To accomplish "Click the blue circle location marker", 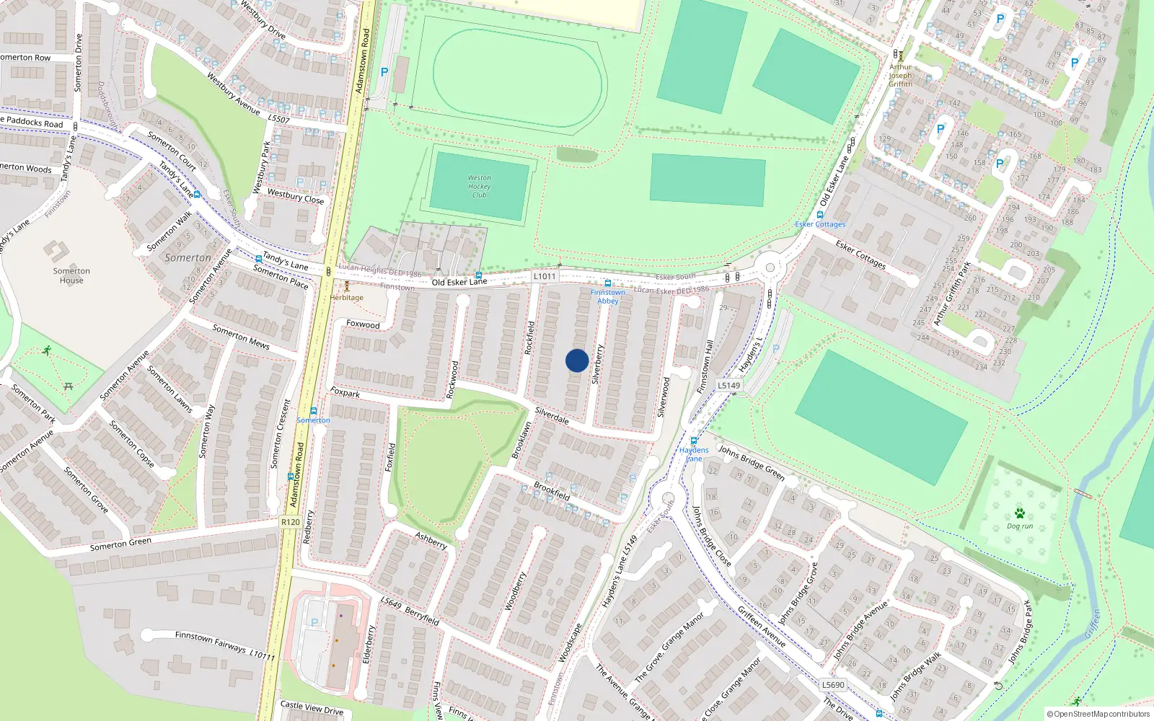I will (x=577, y=360).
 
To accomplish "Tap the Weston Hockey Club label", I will (x=479, y=186).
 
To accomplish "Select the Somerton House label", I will (x=71, y=275).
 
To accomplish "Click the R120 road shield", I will (x=290, y=522).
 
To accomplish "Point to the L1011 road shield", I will (x=545, y=276).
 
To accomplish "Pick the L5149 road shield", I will (x=728, y=385).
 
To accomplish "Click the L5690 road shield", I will (x=833, y=685).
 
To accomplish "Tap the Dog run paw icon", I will (x=1019, y=513).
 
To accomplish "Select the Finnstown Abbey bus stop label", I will (x=608, y=296).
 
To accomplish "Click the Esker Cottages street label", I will (x=860, y=255).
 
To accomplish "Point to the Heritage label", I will (x=347, y=297).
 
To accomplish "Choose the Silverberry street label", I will (x=597, y=364).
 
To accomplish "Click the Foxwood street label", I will (x=363, y=324).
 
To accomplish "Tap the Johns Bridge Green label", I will (x=751, y=463).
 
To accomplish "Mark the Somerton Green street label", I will (x=120, y=544).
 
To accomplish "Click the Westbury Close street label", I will (x=296, y=196).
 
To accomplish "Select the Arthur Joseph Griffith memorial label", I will (x=900, y=76).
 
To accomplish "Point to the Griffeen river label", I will (x=1092, y=624).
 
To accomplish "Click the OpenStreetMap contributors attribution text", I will (x=1098, y=714).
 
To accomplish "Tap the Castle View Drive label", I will (x=312, y=708).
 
